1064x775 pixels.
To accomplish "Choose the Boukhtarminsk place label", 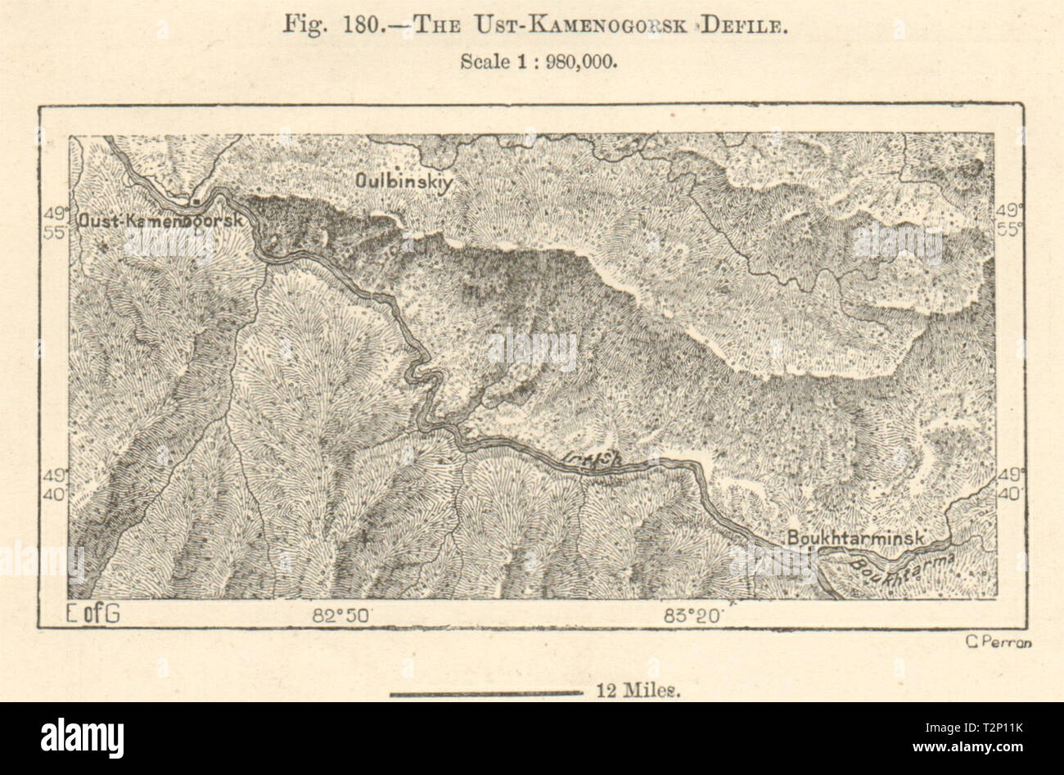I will [x=856, y=538].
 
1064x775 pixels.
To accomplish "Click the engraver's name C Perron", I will [x=999, y=642].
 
